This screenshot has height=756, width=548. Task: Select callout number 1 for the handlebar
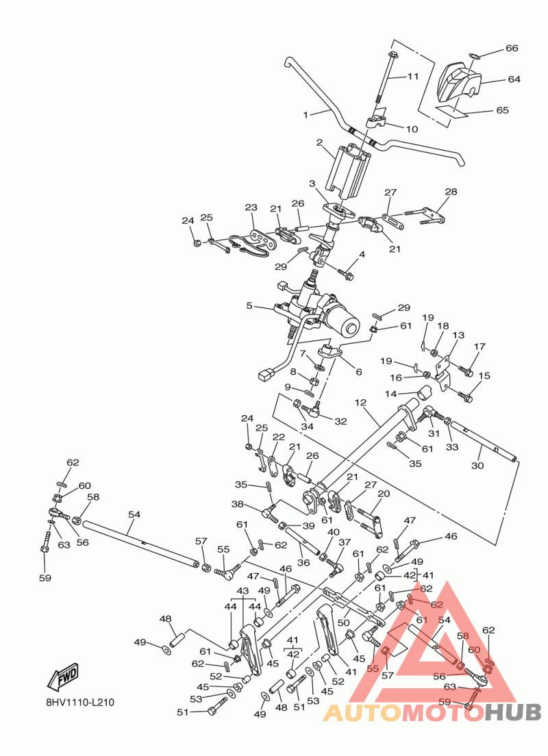306,114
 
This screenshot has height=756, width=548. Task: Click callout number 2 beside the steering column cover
319,142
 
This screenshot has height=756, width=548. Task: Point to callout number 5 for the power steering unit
250,305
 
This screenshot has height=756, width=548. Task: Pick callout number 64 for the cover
514,79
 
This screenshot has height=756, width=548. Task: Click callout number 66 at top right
512,49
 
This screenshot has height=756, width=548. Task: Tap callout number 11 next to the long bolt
412,77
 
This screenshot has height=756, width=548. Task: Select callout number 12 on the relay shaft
361,402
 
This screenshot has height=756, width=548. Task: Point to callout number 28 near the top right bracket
451,192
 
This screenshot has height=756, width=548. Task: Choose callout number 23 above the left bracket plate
251,207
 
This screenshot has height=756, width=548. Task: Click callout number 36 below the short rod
303,563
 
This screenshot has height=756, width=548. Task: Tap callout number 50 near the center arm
343,622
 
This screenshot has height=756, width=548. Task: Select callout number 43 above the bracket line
242,590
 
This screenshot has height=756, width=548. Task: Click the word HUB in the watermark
513,713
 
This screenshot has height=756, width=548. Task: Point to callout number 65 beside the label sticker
502,110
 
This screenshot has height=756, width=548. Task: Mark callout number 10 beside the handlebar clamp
412,129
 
